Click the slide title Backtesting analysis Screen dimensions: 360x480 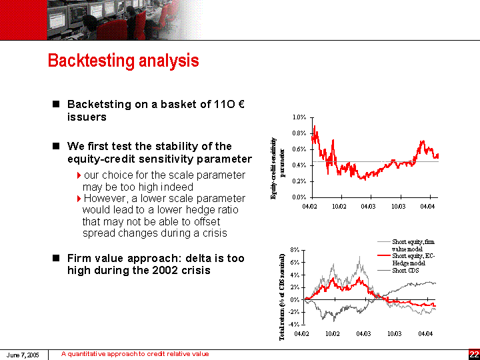point(123,61)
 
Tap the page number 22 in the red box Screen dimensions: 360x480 point(473,354)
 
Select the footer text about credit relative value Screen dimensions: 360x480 point(135,354)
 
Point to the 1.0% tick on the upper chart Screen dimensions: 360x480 point(299,117)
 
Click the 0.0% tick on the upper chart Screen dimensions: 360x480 point(299,197)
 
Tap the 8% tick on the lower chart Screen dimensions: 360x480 point(294,251)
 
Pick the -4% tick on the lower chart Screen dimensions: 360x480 point(293,324)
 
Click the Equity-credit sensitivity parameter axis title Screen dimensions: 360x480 point(277,168)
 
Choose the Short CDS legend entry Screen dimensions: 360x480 point(405,270)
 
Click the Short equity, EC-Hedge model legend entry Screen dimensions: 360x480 point(413,259)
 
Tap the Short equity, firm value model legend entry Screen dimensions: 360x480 point(413,245)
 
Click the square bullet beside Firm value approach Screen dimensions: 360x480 point(57,258)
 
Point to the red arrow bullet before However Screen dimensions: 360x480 point(79,199)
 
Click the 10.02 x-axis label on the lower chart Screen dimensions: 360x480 point(333,333)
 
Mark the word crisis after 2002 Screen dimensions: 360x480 point(193,270)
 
